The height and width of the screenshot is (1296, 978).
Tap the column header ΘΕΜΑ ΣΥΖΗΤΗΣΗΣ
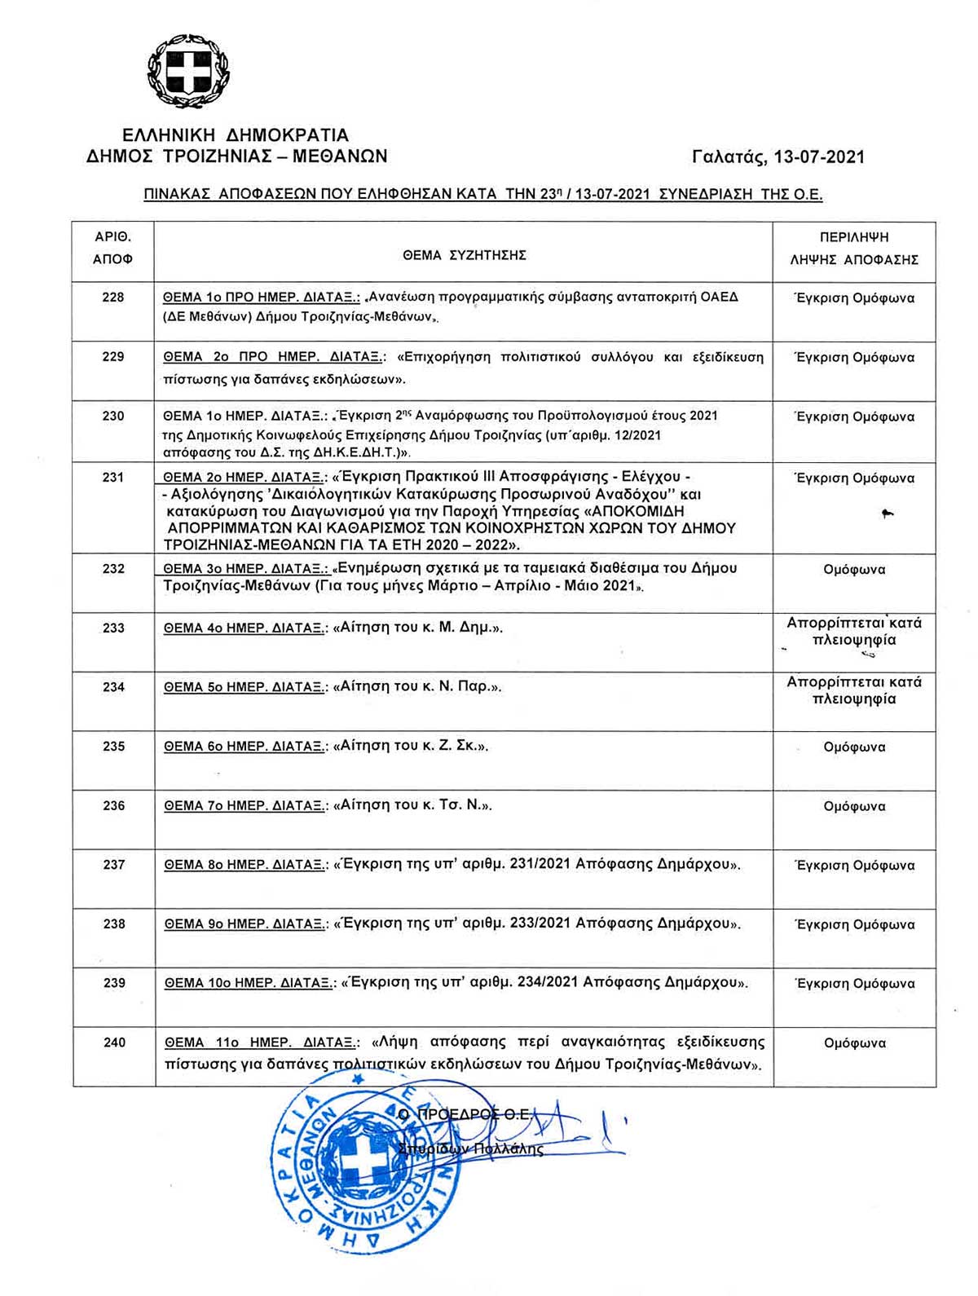click(464, 255)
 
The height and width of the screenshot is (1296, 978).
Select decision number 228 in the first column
click(113, 298)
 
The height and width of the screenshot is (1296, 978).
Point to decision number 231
click(113, 478)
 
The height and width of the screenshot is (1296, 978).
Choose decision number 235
click(113, 747)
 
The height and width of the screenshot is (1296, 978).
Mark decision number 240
click(114, 1043)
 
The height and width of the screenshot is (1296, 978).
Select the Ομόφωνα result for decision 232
click(854, 570)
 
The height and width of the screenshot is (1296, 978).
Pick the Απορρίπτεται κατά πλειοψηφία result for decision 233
click(854, 632)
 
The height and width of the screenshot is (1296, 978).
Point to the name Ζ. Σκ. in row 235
click(462, 747)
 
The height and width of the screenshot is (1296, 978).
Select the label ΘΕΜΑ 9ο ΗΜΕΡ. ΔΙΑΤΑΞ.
click(244, 924)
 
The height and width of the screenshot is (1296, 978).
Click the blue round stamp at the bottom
click(359, 1174)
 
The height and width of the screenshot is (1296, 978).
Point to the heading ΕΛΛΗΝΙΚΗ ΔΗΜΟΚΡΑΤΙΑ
click(235, 135)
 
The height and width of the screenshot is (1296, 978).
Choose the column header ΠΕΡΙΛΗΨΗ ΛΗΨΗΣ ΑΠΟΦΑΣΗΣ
click(854, 249)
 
